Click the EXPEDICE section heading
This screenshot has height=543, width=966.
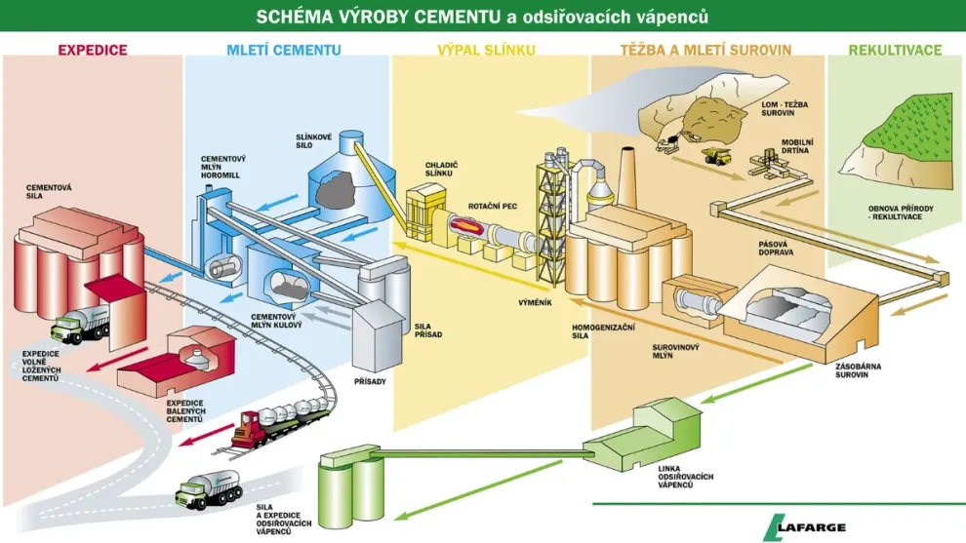92,49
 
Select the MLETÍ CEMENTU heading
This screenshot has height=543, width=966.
283,49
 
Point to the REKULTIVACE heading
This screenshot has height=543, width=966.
895,49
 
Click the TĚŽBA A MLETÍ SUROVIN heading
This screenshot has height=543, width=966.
705,49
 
